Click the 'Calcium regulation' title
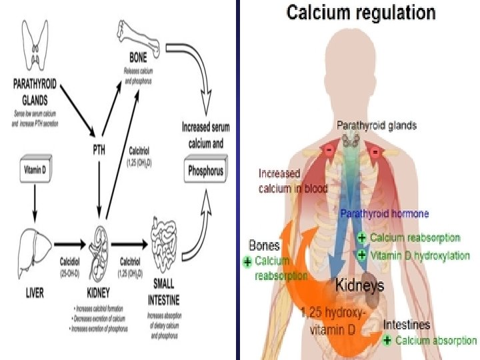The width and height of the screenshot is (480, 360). pyautogui.click(x=361, y=13)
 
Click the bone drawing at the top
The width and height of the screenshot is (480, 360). pyautogui.click(x=139, y=38)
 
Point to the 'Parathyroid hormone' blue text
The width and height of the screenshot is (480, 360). pyautogui.click(x=385, y=214)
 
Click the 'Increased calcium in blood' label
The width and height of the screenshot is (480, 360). pyautogui.click(x=293, y=181)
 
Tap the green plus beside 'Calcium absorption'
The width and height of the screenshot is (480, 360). pyautogui.click(x=388, y=340)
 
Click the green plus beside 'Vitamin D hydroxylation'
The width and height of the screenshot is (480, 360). pyautogui.click(x=362, y=255)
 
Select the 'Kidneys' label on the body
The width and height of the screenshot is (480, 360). pyautogui.click(x=359, y=285)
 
